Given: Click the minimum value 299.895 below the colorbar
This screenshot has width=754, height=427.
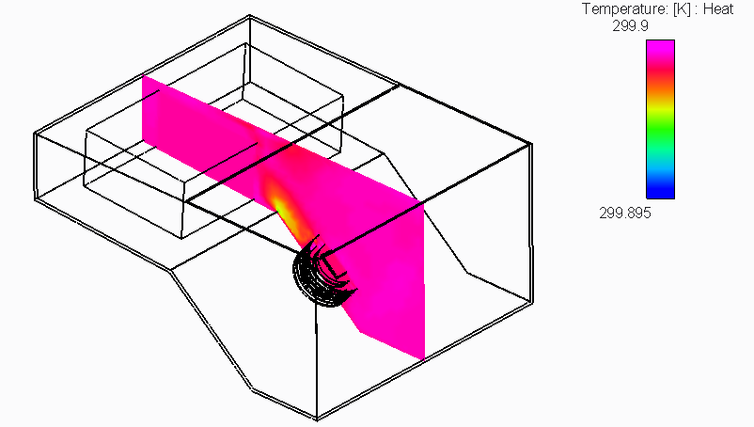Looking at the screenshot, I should click(x=625, y=213).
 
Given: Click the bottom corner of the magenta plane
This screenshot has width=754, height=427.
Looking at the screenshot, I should click(x=424, y=358).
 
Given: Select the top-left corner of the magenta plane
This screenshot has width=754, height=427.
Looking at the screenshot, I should click(x=143, y=77).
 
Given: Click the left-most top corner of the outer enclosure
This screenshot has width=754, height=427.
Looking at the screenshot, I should click(x=35, y=133).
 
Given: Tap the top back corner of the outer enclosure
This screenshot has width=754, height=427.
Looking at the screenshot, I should click(x=249, y=16).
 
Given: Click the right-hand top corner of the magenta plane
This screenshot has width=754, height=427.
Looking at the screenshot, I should click(x=424, y=203).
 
